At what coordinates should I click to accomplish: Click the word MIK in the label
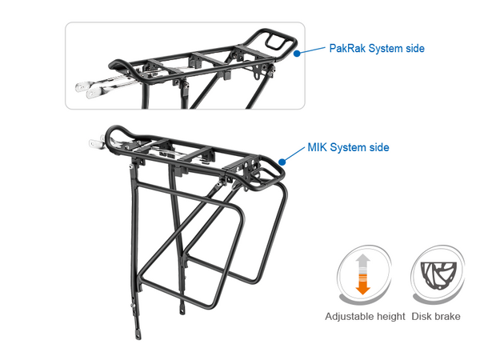(318, 148)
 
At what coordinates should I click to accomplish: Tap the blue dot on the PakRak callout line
(297, 54)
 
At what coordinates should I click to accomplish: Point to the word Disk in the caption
(422, 317)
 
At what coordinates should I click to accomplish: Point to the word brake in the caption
(447, 317)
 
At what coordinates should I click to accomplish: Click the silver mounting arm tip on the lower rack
(94, 144)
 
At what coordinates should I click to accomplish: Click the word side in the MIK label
(378, 148)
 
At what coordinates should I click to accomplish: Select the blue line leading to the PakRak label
(312, 50)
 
